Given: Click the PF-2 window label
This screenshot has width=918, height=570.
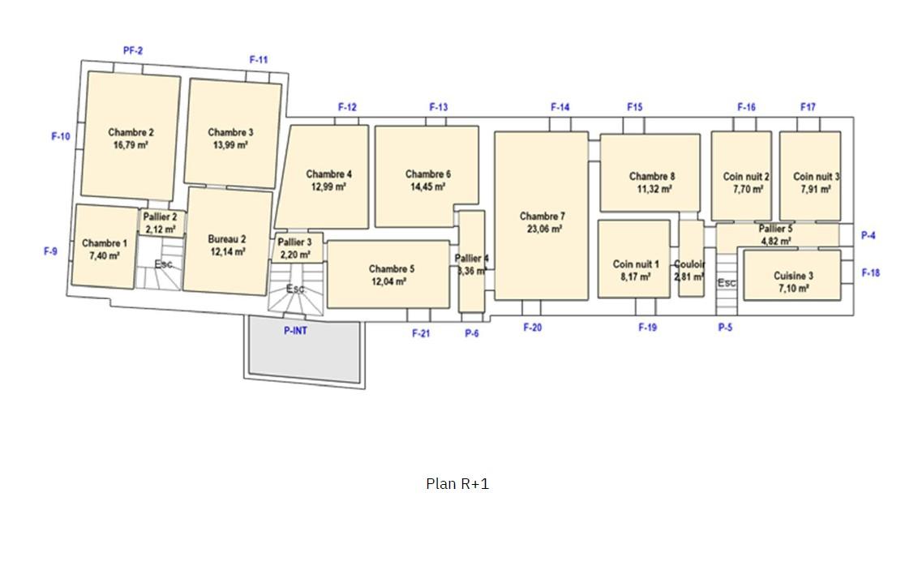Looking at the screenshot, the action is coord(133,51).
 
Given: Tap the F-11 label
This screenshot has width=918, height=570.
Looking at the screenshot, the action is coord(259,60).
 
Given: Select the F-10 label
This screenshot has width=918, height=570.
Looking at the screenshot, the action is coord(61,136).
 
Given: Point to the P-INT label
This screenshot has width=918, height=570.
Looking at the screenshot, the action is coord(296,331).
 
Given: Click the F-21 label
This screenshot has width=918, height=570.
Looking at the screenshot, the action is coord(421,333).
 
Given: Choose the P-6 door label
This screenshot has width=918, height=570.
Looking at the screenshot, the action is coord(472,333).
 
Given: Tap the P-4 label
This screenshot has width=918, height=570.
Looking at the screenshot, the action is coord(869,235).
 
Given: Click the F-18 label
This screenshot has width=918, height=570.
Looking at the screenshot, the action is coord(871,272).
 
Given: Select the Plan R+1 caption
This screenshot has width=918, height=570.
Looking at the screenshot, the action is coord(457,484).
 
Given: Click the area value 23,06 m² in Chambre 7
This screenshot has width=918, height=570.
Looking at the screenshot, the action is coord(544,229).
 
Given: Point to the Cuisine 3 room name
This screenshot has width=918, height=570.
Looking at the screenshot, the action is coord(793,276).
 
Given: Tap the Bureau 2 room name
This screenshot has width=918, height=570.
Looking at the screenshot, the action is coord(227,238).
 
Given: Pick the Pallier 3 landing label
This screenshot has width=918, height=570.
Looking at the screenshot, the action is coord(294,242).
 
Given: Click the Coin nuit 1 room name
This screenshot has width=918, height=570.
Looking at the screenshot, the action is coord(636,264).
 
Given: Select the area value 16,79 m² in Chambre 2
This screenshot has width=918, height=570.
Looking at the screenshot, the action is coord(131,144).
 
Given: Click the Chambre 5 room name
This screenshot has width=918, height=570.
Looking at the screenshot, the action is coord(392,268).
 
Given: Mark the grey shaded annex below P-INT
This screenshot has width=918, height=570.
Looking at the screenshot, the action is coord(304,349).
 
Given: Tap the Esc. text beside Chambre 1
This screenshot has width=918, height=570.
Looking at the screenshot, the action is coord(165,264).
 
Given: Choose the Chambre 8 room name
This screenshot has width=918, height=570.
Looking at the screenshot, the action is coord(652,176).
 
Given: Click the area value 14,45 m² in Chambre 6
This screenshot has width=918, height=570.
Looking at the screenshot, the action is coord(428,186).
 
